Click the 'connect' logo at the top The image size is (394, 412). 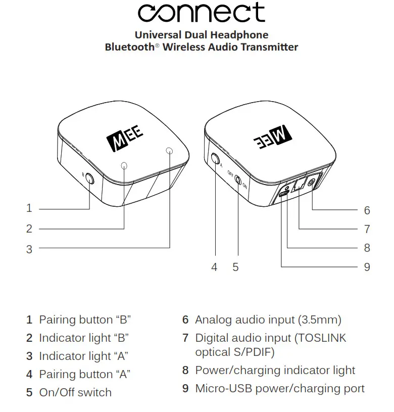pos(201,13)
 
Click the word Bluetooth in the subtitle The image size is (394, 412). pos(129,48)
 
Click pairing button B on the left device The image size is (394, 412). pos(90,178)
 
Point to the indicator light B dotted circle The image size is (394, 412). pos(124,165)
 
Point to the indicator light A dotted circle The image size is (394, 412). pos(169,151)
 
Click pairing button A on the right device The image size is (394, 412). pos(216,160)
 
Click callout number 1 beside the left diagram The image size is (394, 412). pos(29,208)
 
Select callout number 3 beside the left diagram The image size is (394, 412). pos(29,249)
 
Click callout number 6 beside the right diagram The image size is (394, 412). pos(367,210)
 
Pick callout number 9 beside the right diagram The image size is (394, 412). pos(367,267)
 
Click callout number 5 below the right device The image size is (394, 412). pos(235,267)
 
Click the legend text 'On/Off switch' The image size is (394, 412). pos(75,393)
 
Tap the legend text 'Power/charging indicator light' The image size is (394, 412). pos(275,371)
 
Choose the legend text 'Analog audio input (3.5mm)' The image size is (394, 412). pos(268,320)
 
